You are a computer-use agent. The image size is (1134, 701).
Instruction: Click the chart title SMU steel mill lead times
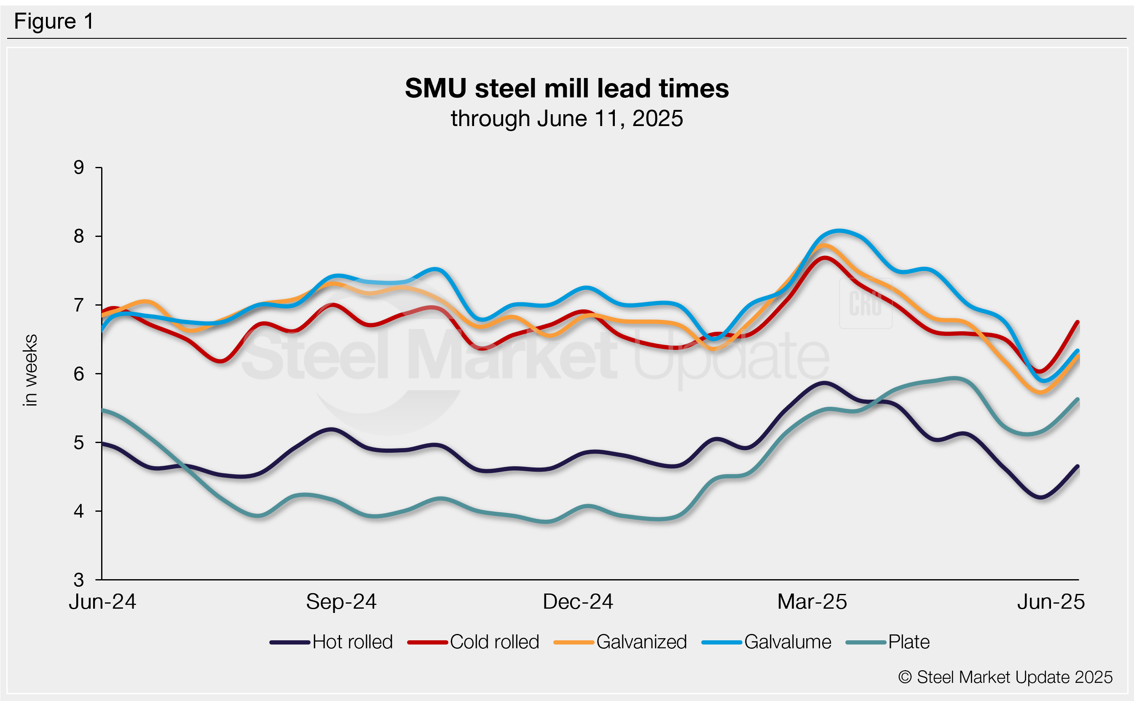click(x=566, y=88)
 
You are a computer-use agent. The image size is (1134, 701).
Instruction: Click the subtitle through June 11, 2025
click(x=566, y=119)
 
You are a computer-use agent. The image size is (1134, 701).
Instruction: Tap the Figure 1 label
click(x=54, y=21)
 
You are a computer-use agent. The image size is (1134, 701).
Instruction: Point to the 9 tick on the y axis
click(x=79, y=167)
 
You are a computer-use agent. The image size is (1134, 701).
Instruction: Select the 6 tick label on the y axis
click(x=79, y=373)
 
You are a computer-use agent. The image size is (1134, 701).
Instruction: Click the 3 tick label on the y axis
click(x=79, y=580)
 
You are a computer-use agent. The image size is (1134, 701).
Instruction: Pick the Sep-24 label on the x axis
click(x=341, y=602)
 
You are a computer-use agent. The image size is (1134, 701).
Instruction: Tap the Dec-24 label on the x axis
click(x=577, y=602)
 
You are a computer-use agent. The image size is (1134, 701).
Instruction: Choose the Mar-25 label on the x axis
click(x=812, y=602)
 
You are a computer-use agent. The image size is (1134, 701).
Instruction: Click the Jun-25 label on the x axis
click(x=1051, y=602)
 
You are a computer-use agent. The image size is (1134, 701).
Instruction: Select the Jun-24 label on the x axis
click(x=102, y=602)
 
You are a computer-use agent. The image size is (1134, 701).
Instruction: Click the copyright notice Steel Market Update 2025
click(x=1005, y=677)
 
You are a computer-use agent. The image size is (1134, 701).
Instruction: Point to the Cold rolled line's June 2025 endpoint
click(x=1078, y=322)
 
